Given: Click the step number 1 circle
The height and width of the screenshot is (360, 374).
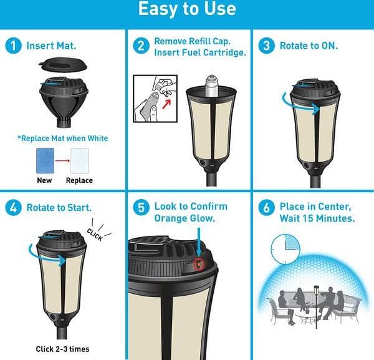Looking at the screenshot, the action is [13, 46].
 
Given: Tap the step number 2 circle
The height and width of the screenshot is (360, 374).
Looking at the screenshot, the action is [141, 46].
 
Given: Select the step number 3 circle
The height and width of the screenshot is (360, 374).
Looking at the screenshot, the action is [266, 46].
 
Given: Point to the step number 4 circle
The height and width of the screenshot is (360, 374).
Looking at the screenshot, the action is [13, 208].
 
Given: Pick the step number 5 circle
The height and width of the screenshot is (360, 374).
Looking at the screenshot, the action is [141, 208].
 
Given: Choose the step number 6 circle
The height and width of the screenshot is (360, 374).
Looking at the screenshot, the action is [266, 208].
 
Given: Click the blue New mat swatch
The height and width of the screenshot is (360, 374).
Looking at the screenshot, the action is [45, 161].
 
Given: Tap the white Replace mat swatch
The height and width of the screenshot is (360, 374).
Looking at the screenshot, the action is [80, 161].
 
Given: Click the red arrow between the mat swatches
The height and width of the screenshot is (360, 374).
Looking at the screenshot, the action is [62, 161].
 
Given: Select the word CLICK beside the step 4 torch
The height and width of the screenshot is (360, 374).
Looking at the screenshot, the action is [95, 235].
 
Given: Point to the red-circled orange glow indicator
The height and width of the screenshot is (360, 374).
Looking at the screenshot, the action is [199, 264].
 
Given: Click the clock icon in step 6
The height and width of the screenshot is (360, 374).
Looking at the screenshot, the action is [285, 249].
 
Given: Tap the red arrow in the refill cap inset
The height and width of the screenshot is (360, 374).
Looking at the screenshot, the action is [166, 104].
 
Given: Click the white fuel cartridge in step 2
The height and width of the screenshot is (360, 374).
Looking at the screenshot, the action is [211, 86].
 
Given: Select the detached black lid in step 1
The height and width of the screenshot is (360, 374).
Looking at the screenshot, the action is [63, 64].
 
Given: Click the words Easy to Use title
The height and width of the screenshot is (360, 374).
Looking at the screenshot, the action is [187, 9].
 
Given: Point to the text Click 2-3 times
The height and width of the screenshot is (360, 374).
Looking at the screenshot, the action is [62, 349].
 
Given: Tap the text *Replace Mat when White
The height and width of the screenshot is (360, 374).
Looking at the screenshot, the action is [63, 139].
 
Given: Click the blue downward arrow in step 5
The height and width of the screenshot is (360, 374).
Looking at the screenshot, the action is [198, 243].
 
